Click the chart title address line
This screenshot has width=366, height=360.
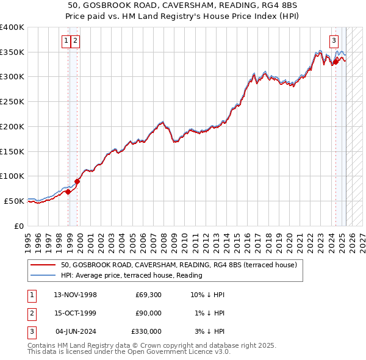pyautogui.click(x=183, y=5)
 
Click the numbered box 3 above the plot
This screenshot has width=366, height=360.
pyautogui.click(x=334, y=41)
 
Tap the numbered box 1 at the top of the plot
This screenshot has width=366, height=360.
pyautogui.click(x=65, y=41)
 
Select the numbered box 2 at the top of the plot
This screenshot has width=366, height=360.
pyautogui.click(x=75, y=41)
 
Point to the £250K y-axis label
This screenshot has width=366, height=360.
pyautogui.click(x=12, y=102)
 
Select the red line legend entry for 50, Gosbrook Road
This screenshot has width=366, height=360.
pyautogui.click(x=179, y=265)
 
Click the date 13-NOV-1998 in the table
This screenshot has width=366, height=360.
pyautogui.click(x=76, y=295)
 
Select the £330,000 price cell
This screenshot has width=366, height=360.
pyautogui.click(x=146, y=331)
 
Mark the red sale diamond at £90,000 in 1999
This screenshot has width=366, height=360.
pyautogui.click(x=77, y=181)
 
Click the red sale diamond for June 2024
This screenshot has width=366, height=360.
pyautogui.click(x=335, y=62)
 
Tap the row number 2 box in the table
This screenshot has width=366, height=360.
pyautogui.click(x=31, y=313)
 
